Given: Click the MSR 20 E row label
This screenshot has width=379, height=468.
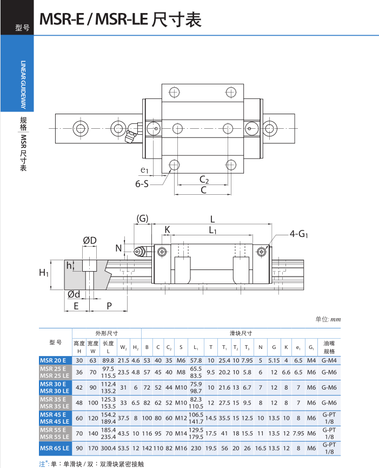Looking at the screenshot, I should click(55, 360).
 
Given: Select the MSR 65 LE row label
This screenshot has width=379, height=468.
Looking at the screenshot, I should click(55, 447).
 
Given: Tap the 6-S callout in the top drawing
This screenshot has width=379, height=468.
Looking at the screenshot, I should click(142, 183).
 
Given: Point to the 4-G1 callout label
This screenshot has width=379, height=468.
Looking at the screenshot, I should click(299, 234).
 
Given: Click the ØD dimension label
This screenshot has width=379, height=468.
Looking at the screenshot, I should click(90, 240).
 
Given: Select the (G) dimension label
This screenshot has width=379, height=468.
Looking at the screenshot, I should click(142, 219).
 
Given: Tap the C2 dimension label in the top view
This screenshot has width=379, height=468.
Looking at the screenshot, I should click(204, 179).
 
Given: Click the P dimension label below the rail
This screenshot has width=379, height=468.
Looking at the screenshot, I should click(109, 306).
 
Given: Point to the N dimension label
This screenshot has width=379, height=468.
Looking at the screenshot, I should click(118, 248).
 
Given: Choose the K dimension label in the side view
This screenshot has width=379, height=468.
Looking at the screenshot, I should click(167, 230).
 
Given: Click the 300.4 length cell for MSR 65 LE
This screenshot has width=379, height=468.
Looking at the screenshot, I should click(108, 447).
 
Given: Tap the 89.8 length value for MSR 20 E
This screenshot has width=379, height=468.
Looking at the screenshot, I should click(108, 360).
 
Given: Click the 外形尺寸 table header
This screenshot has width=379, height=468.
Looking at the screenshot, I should click(107, 333).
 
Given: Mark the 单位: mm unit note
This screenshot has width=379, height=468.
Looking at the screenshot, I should click(328, 319).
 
